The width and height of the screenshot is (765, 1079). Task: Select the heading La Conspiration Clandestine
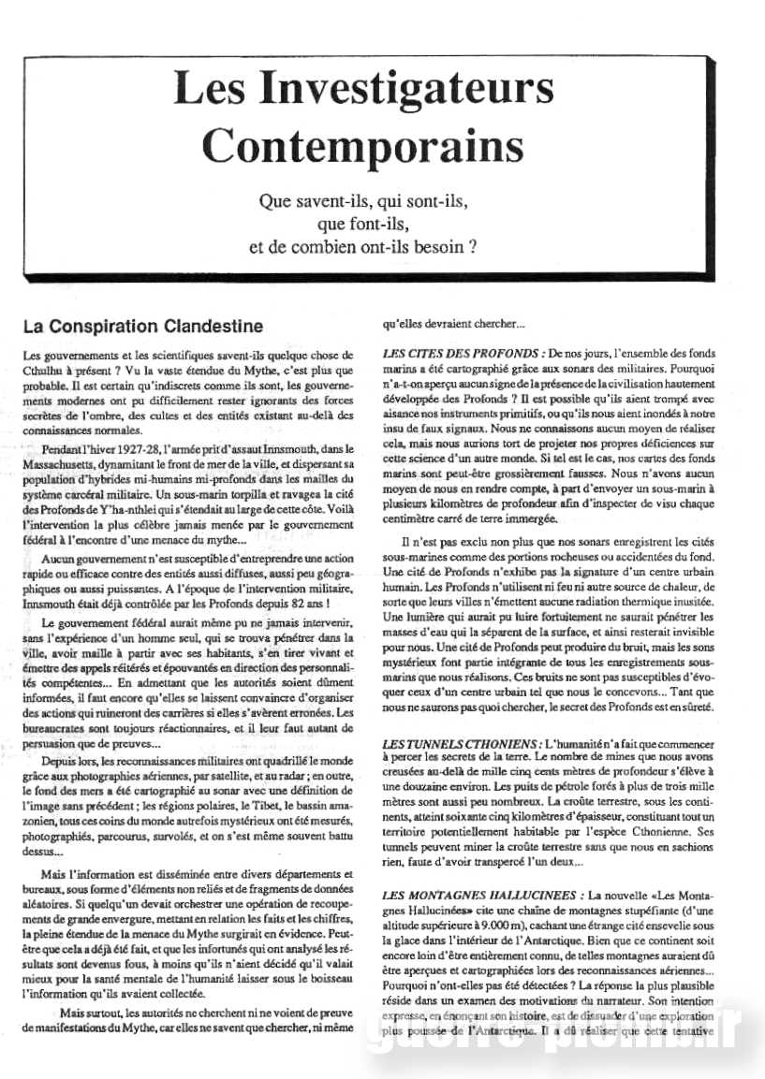coord(143,327)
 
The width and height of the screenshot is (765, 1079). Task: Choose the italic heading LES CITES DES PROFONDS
coord(459,354)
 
